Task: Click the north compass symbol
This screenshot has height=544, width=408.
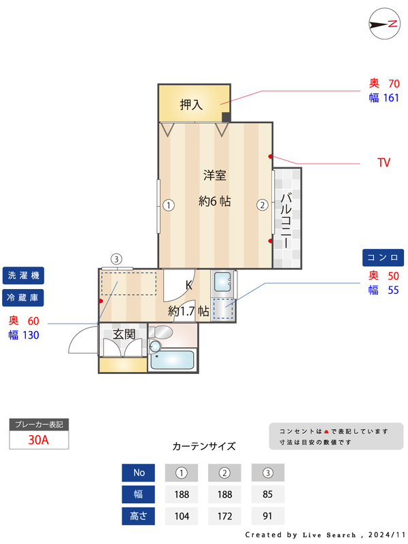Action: [x=385, y=24]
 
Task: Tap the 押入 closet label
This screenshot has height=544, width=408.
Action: [x=191, y=105]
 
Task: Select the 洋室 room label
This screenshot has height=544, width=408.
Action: [x=215, y=175]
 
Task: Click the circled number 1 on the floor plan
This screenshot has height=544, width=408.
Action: [x=169, y=205]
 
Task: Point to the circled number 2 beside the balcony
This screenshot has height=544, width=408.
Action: [x=262, y=205]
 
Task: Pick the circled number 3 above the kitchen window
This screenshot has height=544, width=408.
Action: [x=116, y=259]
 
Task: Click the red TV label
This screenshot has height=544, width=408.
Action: [x=384, y=163]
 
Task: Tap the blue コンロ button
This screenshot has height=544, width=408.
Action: [x=383, y=258]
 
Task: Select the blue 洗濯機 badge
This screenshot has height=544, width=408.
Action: [x=23, y=275]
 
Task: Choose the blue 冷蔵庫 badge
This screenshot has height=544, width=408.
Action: [x=23, y=298]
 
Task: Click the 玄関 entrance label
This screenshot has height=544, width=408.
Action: [x=124, y=335]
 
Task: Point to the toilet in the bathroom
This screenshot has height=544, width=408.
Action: [x=161, y=333]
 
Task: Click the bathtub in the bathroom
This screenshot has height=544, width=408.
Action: [x=173, y=360]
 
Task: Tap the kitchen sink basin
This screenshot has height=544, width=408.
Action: [x=222, y=282]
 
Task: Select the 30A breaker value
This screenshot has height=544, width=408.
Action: [x=39, y=440]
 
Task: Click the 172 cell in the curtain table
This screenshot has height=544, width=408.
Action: [x=225, y=516]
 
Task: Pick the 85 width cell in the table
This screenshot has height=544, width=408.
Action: [x=267, y=494]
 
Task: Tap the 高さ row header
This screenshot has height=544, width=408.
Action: [x=139, y=516]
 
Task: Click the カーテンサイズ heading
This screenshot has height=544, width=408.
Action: [x=204, y=446]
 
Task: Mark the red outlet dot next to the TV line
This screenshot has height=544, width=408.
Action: [x=270, y=156]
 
